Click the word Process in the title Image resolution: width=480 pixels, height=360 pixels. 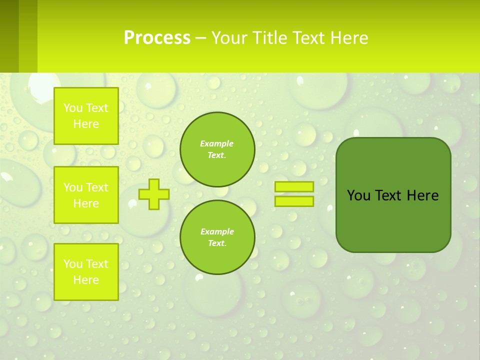click(x=157, y=37)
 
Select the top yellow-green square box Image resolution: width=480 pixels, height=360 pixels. click(x=86, y=116)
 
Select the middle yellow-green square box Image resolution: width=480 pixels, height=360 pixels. click(x=86, y=195)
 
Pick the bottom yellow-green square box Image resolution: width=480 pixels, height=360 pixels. click(x=86, y=272)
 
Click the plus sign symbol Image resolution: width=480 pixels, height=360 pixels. click(x=154, y=194)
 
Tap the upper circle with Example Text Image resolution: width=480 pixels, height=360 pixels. click(x=217, y=149)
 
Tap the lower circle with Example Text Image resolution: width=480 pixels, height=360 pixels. click(x=217, y=237)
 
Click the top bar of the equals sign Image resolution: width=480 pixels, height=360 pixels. click(x=294, y=186)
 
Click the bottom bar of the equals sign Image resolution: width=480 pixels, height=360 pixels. click(x=294, y=201)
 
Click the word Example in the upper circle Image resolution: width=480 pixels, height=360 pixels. click(x=217, y=143)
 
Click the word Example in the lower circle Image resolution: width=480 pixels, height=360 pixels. click(x=217, y=231)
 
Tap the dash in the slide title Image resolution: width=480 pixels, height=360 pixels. click(x=200, y=38)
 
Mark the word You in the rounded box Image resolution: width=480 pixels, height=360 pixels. click(x=358, y=195)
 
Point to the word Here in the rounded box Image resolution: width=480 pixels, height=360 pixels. click(x=422, y=195)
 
